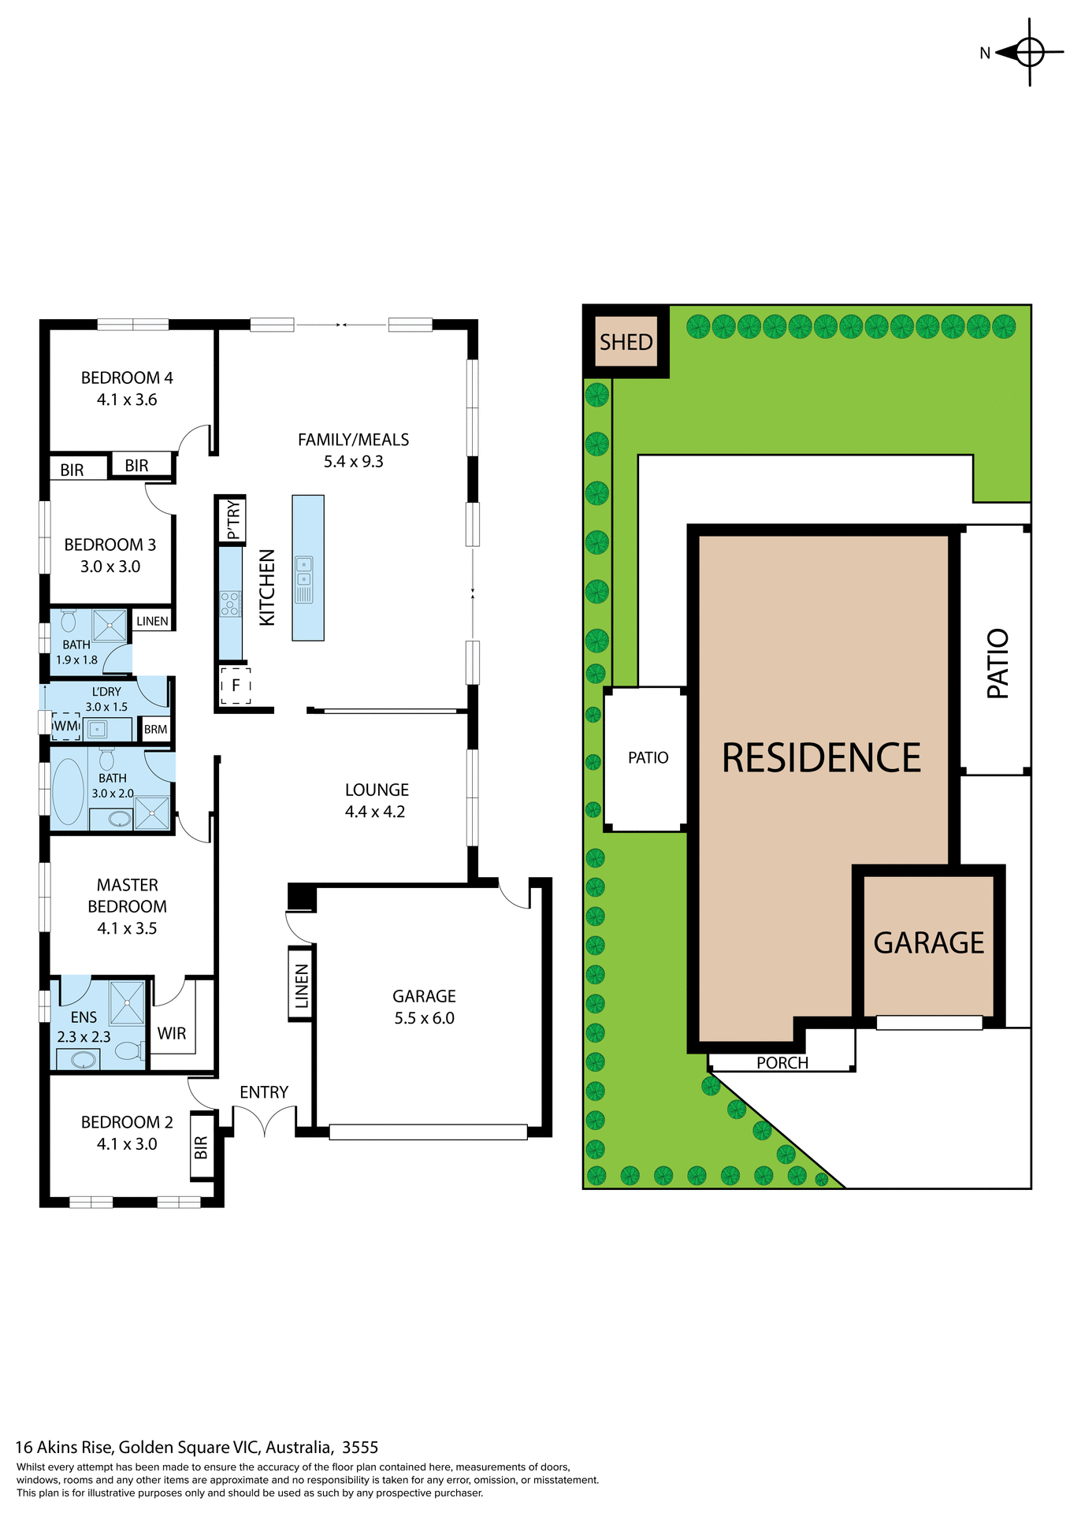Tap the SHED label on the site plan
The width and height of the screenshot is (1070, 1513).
[626, 342]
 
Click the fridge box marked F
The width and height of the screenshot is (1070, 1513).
[235, 686]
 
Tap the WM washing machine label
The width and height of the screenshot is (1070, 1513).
[65, 726]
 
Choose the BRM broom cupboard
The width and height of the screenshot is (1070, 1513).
[155, 729]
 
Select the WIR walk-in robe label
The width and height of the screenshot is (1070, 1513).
[172, 1033]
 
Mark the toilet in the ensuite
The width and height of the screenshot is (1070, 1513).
[129, 1050]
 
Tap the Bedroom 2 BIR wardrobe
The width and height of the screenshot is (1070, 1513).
[202, 1147]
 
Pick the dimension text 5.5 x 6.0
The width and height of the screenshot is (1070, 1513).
[424, 1018]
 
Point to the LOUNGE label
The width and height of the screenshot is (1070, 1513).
[377, 790]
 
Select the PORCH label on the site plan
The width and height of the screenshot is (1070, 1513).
[782, 1062]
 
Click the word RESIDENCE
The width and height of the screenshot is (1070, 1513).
[821, 758]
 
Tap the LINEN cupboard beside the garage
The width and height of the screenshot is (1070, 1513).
[302, 986]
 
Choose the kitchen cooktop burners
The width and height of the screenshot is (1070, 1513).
[230, 604]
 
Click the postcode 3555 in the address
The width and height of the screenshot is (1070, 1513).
[360, 1447]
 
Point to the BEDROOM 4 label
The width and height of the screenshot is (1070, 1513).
[127, 377]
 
